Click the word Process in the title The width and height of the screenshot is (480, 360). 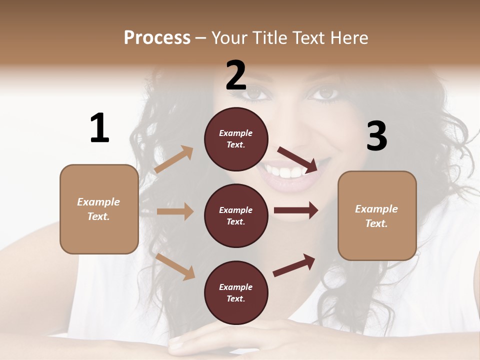click(x=157, y=38)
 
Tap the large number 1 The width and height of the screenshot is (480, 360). click(x=99, y=128)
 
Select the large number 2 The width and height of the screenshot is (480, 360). click(x=236, y=75)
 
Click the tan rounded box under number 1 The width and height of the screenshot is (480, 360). click(x=99, y=209)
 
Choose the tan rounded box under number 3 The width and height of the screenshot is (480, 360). click(x=377, y=216)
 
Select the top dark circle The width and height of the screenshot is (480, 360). click(x=236, y=139)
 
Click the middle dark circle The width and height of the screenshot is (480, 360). click(x=236, y=215)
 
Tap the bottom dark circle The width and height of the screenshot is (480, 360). click(x=236, y=292)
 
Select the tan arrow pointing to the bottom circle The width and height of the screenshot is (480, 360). click(x=175, y=266)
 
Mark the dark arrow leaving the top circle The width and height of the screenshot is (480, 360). click(x=298, y=159)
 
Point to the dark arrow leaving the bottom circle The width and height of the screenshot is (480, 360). click(x=294, y=265)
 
